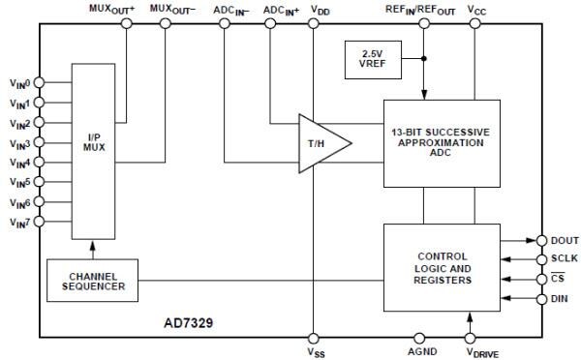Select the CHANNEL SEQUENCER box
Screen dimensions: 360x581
(93, 281)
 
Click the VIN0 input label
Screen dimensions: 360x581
(18, 83)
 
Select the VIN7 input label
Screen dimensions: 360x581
(18, 224)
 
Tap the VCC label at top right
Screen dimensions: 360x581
(477, 9)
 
